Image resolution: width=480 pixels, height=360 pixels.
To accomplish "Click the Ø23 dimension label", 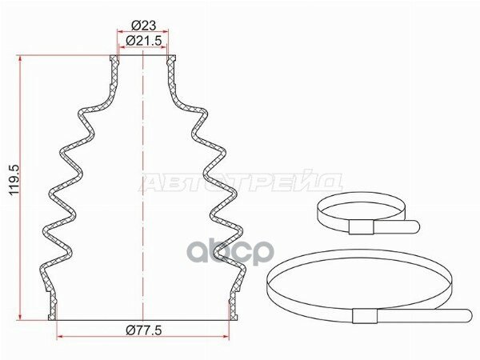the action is pyautogui.click(x=143, y=25).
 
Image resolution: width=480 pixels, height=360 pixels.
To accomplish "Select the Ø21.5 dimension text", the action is pyautogui.click(x=143, y=41).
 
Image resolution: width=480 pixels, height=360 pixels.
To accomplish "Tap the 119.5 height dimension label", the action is pyautogui.click(x=14, y=180).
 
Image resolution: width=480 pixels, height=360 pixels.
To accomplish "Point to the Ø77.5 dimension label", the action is pyautogui.click(x=143, y=330).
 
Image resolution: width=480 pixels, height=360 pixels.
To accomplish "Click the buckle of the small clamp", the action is pyautogui.click(x=362, y=227).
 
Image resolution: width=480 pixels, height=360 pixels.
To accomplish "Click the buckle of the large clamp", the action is pyautogui.click(x=365, y=316).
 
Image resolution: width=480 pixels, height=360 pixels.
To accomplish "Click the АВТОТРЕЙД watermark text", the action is pyautogui.click(x=241, y=182).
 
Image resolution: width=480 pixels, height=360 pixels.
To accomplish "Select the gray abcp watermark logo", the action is pyautogui.click(x=230, y=253).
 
